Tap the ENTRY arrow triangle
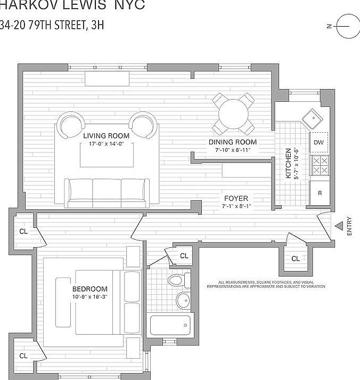pyautogui.click(x=339, y=226)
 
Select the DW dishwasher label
pyautogui.click(x=318, y=142)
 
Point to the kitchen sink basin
pyautogui.click(x=311, y=117)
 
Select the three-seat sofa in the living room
pyautogui.click(x=107, y=192)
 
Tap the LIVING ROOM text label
pyautogui.click(x=106, y=136)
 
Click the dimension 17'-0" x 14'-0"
pyautogui.click(x=106, y=144)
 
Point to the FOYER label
pyautogui.click(x=235, y=199)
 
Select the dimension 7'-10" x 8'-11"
pyautogui.click(x=232, y=150)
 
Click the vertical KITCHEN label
pyautogui.click(x=288, y=163)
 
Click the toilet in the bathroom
pyautogui.click(x=176, y=280)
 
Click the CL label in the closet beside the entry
pyautogui.click(x=296, y=258)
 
